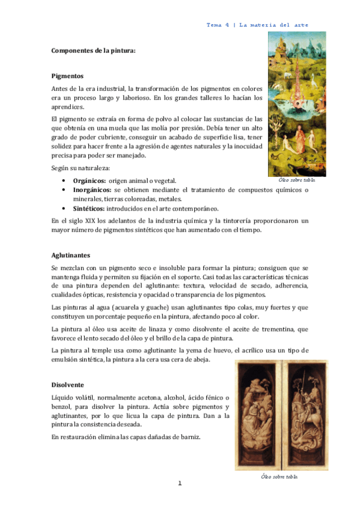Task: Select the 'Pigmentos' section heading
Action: (x=67, y=76)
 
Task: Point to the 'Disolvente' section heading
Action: (x=68, y=384)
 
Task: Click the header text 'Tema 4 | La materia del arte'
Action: (x=257, y=25)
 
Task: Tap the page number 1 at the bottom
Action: (x=179, y=483)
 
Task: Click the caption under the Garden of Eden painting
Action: (x=297, y=179)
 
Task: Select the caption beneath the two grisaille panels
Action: (x=279, y=476)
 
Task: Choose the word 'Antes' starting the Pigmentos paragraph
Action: (x=61, y=88)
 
